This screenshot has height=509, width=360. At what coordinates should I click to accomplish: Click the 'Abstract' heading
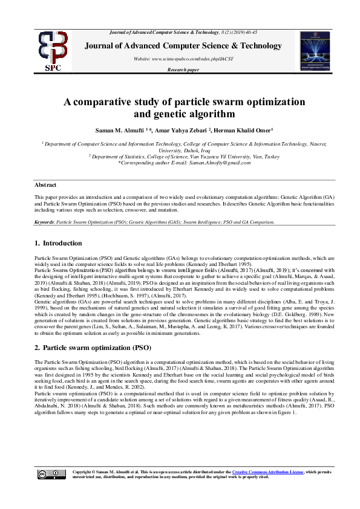[x=45, y=184]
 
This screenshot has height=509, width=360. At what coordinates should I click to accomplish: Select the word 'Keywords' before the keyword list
[x=44, y=222]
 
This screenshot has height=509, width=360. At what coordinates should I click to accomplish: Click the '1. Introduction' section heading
[x=58, y=243]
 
